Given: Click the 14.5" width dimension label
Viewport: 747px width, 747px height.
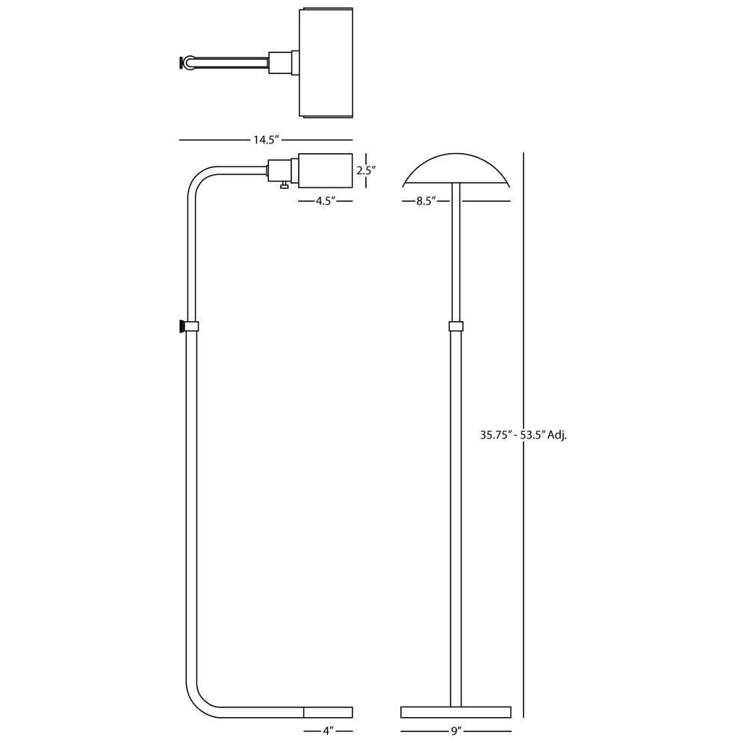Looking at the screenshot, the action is pyautogui.click(x=266, y=140).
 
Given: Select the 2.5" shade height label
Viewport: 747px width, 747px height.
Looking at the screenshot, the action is pyautogui.click(x=366, y=170).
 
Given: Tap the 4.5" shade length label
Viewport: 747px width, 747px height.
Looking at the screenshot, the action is pyautogui.click(x=326, y=201).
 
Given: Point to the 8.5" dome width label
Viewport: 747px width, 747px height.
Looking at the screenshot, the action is pyautogui.click(x=426, y=201).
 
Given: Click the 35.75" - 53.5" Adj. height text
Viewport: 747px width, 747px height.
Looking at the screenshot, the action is pyautogui.click(x=523, y=435).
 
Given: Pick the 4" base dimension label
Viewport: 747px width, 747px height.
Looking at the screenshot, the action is pyautogui.click(x=328, y=731).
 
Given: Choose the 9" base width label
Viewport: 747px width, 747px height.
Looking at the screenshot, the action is pyautogui.click(x=456, y=731).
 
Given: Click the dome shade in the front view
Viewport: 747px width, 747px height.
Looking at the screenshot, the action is pyautogui.click(x=456, y=170).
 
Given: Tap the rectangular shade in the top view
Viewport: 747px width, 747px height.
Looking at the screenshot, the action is pyautogui.click(x=326, y=63).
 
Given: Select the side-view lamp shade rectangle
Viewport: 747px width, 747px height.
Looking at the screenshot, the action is pyautogui.click(x=326, y=170).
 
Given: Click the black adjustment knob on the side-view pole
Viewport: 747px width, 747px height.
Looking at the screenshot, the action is pyautogui.click(x=182, y=326).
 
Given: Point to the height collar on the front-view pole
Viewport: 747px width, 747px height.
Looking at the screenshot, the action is pyautogui.click(x=456, y=326).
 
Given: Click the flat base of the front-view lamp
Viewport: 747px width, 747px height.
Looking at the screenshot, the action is pyautogui.click(x=456, y=712).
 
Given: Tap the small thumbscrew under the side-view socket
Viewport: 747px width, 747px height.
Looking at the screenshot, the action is pyautogui.click(x=284, y=185).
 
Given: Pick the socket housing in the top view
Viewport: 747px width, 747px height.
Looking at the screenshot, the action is pyautogui.click(x=284, y=63).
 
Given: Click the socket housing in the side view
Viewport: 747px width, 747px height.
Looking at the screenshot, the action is pyautogui.click(x=283, y=170).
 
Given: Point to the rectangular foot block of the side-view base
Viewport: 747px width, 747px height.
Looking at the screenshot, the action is pyautogui.click(x=328, y=712).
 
